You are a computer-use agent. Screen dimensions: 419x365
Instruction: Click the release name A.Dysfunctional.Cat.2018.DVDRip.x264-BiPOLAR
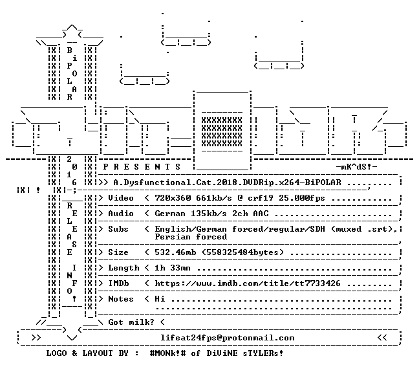pyautogui.click(x=227, y=182)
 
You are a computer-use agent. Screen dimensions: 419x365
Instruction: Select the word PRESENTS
pyautogui.click(x=142, y=167)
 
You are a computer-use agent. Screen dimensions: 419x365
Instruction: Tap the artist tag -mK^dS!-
pyautogui.click(x=356, y=167)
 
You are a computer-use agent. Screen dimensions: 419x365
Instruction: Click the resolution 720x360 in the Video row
pyautogui.click(x=173, y=198)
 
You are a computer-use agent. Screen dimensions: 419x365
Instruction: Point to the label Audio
pyautogui.click(x=121, y=214)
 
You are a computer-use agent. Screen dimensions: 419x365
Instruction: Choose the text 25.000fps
pyautogui.click(x=302, y=198)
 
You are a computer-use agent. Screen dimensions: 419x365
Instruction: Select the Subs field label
pyautogui.click(x=118, y=229)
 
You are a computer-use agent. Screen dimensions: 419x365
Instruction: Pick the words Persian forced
pyautogui.click(x=191, y=237)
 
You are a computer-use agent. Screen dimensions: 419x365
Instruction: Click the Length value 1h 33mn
pyautogui.click(x=173, y=268)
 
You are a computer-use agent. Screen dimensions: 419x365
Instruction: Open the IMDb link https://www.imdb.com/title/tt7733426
pyautogui.click(x=248, y=283)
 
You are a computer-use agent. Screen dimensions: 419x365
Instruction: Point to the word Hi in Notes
pyautogui.click(x=160, y=299)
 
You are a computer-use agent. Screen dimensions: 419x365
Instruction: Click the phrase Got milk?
pyautogui.click(x=131, y=322)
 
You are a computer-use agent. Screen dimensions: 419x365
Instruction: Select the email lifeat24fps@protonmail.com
pyautogui.click(x=228, y=338)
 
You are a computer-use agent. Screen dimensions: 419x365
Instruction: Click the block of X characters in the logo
pyautogui.click(x=222, y=132)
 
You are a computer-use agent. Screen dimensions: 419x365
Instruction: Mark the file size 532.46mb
pyautogui.click(x=175, y=252)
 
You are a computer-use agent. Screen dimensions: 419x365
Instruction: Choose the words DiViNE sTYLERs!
pyautogui.click(x=245, y=353)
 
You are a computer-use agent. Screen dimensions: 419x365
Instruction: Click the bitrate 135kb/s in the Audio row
pyautogui.click(x=209, y=214)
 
